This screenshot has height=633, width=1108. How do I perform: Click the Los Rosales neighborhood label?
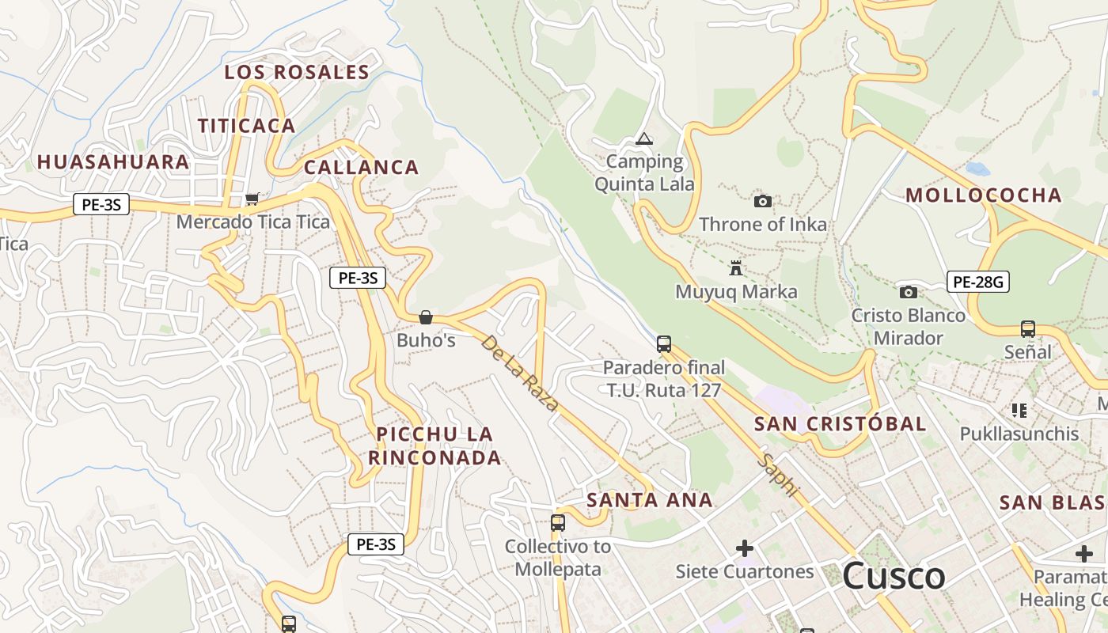pyautogui.click(x=297, y=72)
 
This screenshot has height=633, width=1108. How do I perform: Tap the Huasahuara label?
pyautogui.click(x=113, y=162)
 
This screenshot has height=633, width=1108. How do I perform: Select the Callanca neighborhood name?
pyautogui.click(x=362, y=167)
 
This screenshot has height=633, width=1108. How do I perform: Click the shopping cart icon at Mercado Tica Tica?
pyautogui.click(x=252, y=199)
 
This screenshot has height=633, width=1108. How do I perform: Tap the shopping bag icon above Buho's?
pyautogui.click(x=426, y=317)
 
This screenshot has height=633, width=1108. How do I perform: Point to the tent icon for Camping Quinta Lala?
pyautogui.click(x=644, y=139)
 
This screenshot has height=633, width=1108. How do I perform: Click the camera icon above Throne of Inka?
pyautogui.click(x=763, y=201)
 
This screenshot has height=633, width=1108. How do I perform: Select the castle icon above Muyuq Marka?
pyautogui.click(x=736, y=268)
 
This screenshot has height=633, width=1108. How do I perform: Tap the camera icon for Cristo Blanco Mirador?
pyautogui.click(x=909, y=292)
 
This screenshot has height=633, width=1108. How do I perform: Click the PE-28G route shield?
pyautogui.click(x=978, y=281)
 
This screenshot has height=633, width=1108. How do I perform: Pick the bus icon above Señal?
pyautogui.click(x=1028, y=328)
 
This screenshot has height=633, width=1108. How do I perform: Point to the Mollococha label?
pyautogui.click(x=983, y=195)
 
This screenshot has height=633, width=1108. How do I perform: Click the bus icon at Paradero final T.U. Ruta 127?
pyautogui.click(x=664, y=344)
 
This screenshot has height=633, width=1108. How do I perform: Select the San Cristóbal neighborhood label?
pyautogui.click(x=840, y=423)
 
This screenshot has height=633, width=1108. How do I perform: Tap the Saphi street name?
pyautogui.click(x=777, y=474)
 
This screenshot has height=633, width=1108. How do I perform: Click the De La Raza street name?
pyautogui.click(x=520, y=373)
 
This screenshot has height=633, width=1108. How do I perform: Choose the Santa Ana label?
pyautogui.click(x=650, y=500)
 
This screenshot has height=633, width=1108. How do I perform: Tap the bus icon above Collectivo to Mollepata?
pyautogui.click(x=558, y=522)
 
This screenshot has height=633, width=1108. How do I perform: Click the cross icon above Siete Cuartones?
pyautogui.click(x=745, y=548)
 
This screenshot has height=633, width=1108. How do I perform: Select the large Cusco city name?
pyautogui.click(x=894, y=575)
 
